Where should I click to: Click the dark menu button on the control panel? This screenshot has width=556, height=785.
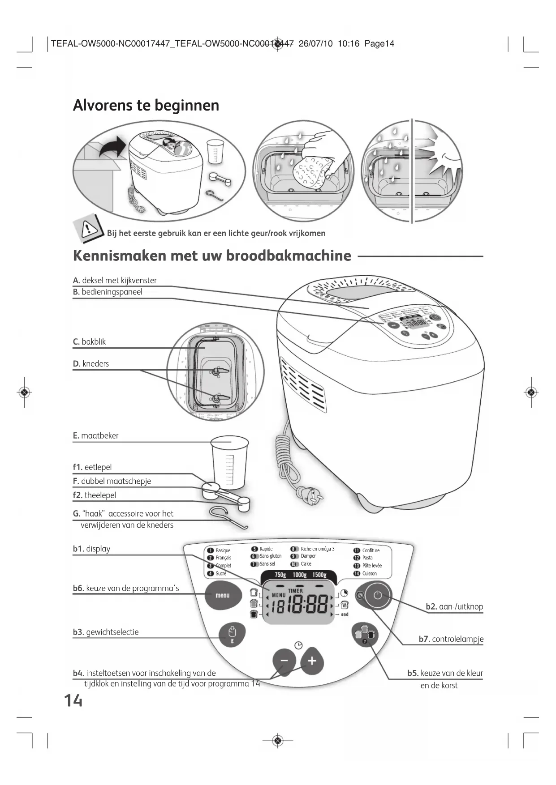222,595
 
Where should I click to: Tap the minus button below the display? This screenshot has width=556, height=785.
284,661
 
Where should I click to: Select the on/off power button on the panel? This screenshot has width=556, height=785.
378,595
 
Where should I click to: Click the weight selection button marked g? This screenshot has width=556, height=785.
232,635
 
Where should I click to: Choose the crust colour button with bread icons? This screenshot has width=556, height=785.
365,635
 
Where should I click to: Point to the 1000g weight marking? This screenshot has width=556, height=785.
299,575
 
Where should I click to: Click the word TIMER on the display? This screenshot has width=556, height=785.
295,591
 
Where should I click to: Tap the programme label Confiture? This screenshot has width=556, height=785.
371,550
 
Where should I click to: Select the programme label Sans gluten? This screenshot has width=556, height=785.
270,556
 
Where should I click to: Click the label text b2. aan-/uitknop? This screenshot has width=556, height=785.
454,607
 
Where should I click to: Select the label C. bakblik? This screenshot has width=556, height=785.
90,342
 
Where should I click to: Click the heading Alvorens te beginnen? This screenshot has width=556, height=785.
146,106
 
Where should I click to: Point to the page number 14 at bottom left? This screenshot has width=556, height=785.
73,700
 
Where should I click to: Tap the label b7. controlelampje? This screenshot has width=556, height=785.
451,639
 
